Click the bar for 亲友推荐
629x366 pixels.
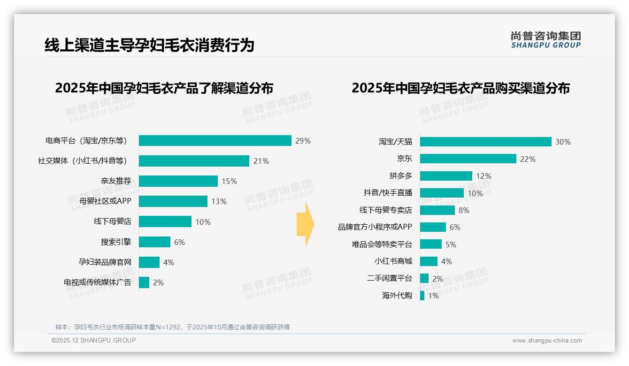tap(178, 181)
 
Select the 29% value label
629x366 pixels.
tap(303, 141)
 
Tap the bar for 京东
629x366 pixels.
tap(468, 159)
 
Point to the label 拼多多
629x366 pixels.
tap(400, 176)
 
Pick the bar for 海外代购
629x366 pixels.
tap(422, 296)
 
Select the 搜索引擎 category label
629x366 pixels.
tap(116, 242)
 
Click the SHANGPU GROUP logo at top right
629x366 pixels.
tap(545, 40)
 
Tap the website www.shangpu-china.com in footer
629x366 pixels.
tap(547, 341)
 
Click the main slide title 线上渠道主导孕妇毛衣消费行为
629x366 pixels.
tap(149, 45)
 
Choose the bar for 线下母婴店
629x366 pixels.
tap(165, 221)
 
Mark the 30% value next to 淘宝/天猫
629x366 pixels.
tap(563, 142)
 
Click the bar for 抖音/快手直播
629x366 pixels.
tap(442, 193)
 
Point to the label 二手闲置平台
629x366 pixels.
tap(390, 278)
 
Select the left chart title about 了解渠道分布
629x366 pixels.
tap(164, 88)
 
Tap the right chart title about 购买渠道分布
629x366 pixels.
tap(460, 88)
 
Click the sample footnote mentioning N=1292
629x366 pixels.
tap(172, 327)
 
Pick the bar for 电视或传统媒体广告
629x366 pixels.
tap(144, 282)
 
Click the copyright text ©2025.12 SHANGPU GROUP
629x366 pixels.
tap(94, 340)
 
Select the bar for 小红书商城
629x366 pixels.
tap(429, 261)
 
